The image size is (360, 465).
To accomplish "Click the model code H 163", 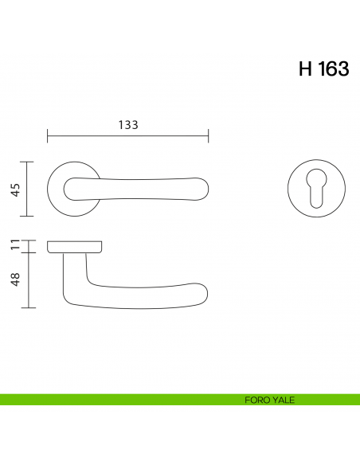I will coord(323,69).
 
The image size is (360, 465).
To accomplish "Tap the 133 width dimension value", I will coord(128,125).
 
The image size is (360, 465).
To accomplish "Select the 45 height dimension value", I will coord(14,189).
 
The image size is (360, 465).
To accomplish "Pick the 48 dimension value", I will coord(14,279).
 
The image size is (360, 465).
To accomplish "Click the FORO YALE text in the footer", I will coord(271,400).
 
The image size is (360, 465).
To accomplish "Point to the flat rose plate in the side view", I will coord(75,244).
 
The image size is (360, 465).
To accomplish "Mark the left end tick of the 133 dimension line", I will coord(48,136).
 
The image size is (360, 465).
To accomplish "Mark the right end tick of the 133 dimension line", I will coord(208,136).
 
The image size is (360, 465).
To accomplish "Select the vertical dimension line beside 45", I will coord(29,189).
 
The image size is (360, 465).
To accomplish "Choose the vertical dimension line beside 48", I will coord(29,279).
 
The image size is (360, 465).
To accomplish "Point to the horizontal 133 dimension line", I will coord(127,136).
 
